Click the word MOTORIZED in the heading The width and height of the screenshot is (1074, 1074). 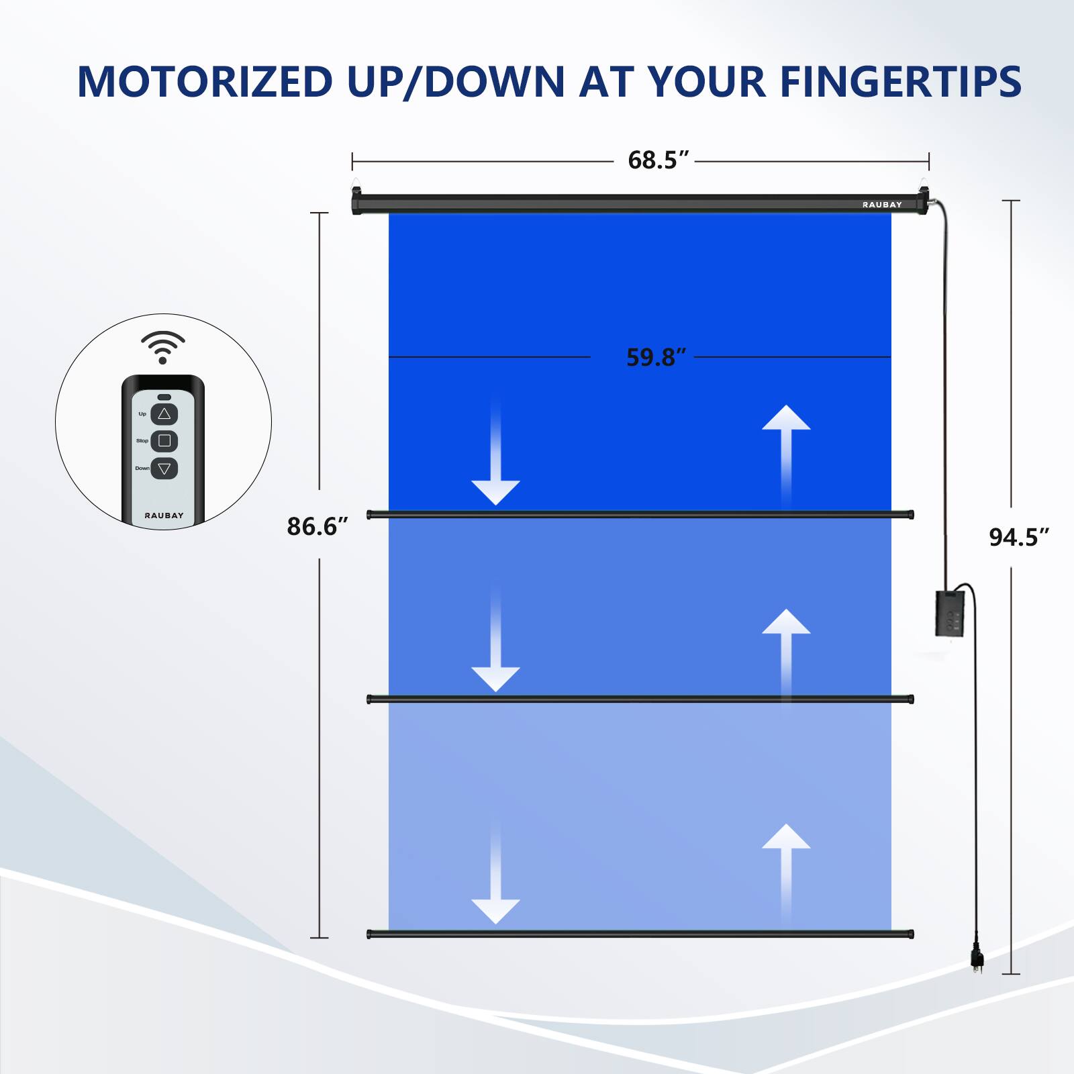(x=205, y=82)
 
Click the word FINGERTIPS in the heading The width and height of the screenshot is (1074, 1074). (x=900, y=82)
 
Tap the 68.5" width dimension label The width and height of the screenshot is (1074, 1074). (x=658, y=160)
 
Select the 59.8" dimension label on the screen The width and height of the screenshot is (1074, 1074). (x=656, y=357)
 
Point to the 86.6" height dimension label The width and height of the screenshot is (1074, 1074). (x=317, y=526)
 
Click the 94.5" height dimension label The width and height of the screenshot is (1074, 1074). (x=1018, y=537)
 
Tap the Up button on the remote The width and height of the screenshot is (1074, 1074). (x=164, y=414)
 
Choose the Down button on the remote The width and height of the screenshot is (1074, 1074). (x=164, y=469)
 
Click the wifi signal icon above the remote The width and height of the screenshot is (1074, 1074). (x=162, y=346)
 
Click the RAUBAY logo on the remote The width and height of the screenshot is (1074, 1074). (x=164, y=516)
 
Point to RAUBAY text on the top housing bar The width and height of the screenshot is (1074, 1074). (x=882, y=205)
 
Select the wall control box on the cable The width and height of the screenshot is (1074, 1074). (x=949, y=614)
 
